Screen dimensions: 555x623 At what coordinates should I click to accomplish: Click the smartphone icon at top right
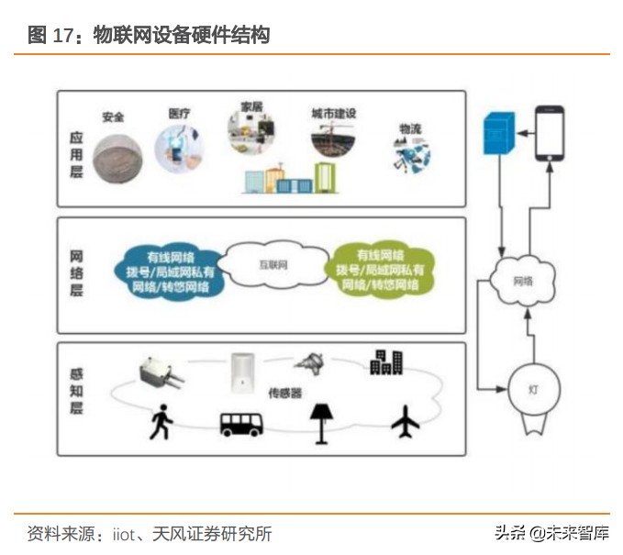550,134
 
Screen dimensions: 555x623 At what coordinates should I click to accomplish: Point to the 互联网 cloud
272,267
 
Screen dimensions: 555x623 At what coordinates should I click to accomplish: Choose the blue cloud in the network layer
170,270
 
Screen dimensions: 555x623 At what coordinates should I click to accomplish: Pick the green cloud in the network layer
380,270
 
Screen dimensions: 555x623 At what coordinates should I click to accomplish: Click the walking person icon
160,423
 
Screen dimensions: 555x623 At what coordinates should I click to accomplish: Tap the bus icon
241,425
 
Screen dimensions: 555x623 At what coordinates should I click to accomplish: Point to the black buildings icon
385,362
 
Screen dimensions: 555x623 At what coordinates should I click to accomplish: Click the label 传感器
285,392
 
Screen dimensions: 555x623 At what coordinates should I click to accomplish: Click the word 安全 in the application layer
113,118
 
